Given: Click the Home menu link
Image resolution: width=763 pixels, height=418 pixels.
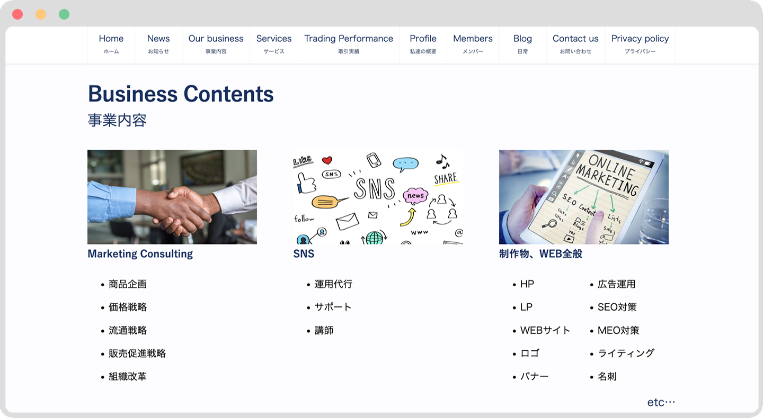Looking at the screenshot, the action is pyautogui.click(x=111, y=44).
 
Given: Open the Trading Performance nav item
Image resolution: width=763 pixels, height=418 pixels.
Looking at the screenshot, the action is pyautogui.click(x=349, y=44).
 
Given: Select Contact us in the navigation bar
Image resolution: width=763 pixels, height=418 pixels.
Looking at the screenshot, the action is pyautogui.click(x=575, y=44).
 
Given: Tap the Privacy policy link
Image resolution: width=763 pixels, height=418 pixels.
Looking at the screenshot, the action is pyautogui.click(x=640, y=44).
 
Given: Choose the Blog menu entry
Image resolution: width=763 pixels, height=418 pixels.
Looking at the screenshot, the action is pyautogui.click(x=522, y=44).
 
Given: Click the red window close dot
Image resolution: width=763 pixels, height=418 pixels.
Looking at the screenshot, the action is pyautogui.click(x=17, y=14).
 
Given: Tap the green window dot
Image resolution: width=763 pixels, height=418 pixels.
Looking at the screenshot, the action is pyautogui.click(x=64, y=14).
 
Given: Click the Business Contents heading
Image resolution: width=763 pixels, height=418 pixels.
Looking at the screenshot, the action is pyautogui.click(x=181, y=94).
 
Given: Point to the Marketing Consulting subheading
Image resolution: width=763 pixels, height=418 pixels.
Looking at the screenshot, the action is pyautogui.click(x=140, y=254).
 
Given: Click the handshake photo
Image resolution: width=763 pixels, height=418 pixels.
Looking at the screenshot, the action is pyautogui.click(x=172, y=197).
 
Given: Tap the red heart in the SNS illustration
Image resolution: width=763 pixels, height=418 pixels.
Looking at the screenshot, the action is pyautogui.click(x=327, y=160).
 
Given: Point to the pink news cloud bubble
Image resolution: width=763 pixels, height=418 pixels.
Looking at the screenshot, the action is pyautogui.click(x=415, y=196).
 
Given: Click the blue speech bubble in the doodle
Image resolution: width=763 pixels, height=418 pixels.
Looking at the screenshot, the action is pyautogui.click(x=405, y=164).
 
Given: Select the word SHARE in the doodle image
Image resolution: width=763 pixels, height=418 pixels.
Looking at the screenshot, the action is pyautogui.click(x=446, y=178).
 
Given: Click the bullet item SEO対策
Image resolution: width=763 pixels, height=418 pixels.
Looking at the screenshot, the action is pyautogui.click(x=617, y=307).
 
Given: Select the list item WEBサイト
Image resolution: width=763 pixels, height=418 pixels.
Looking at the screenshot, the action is pyautogui.click(x=545, y=330).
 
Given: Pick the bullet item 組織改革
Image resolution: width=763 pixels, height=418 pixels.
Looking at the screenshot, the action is pyautogui.click(x=127, y=377).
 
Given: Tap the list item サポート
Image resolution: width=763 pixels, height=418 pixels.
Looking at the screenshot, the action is pyautogui.click(x=333, y=307).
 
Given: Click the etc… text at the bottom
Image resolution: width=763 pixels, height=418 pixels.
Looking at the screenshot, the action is pyautogui.click(x=661, y=402).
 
